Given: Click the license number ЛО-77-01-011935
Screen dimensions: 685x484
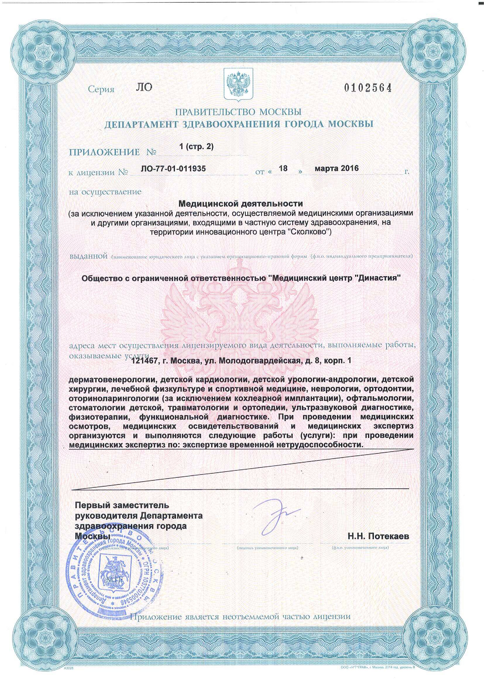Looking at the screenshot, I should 173,169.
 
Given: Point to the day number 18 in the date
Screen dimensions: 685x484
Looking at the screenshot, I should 283,169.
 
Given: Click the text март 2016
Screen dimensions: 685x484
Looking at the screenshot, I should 337,168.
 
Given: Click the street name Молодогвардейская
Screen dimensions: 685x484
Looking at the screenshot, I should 259,361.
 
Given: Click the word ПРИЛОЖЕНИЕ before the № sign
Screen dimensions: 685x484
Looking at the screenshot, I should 104,153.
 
